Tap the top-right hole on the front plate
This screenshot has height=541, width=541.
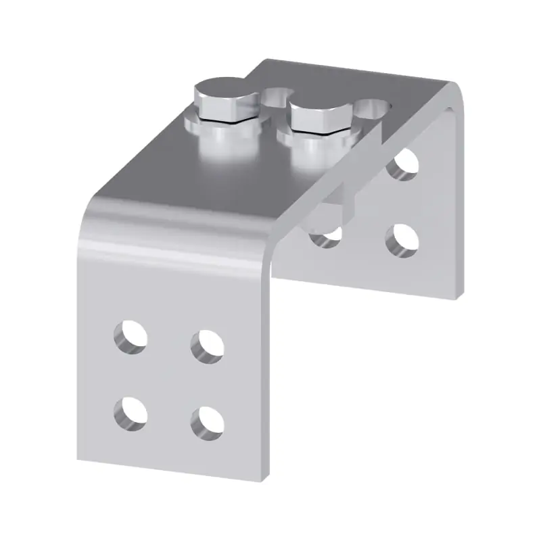[x=207, y=346]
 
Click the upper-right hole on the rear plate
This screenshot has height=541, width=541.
[x=403, y=164]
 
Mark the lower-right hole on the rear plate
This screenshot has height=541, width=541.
[x=401, y=239]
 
